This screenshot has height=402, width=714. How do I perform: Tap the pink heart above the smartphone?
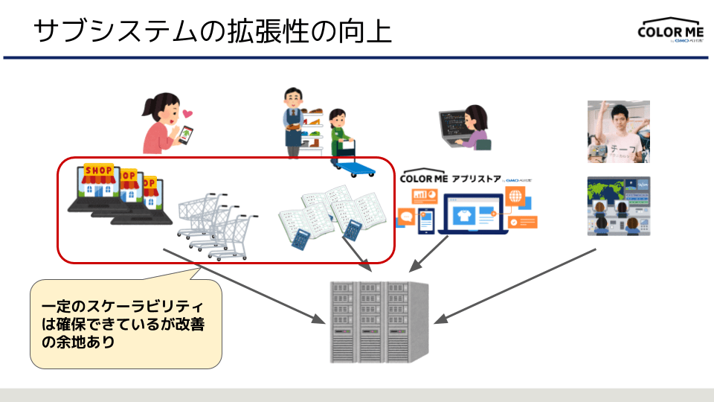(x=187, y=114)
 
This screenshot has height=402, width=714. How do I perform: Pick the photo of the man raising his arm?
(x=618, y=131)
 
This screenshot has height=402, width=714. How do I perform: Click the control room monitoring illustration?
(x=618, y=205)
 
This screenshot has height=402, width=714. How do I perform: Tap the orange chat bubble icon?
(x=407, y=217)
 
